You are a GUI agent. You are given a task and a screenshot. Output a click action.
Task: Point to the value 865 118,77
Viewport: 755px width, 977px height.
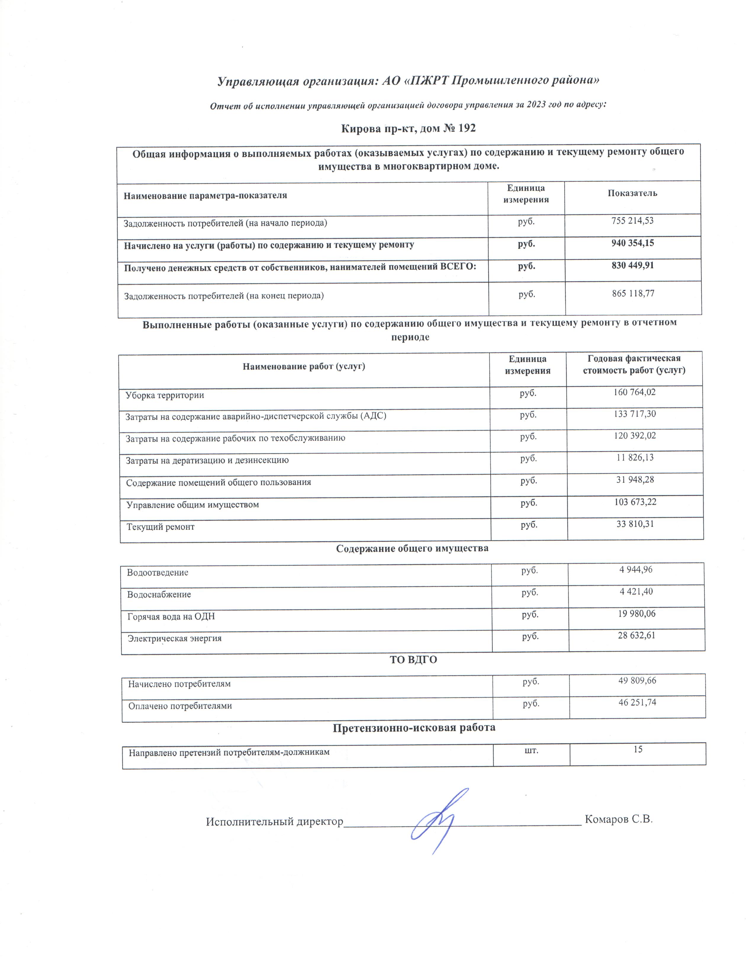632,293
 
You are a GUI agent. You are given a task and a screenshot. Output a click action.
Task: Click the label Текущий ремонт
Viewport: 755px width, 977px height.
160,527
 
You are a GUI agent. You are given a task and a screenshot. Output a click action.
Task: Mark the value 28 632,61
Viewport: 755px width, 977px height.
637,635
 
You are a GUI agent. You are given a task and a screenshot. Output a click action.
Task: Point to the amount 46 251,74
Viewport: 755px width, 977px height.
637,702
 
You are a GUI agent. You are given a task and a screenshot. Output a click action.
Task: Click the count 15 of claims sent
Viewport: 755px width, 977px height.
638,749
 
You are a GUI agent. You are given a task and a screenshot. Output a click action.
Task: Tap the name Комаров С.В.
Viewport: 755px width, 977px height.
619,819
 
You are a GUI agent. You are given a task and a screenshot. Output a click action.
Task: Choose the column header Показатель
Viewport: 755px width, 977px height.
632,193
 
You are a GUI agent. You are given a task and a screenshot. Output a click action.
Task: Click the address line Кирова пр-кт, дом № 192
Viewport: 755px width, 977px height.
408,129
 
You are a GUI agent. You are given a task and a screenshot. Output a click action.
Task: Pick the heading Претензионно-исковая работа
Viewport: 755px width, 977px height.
414,728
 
